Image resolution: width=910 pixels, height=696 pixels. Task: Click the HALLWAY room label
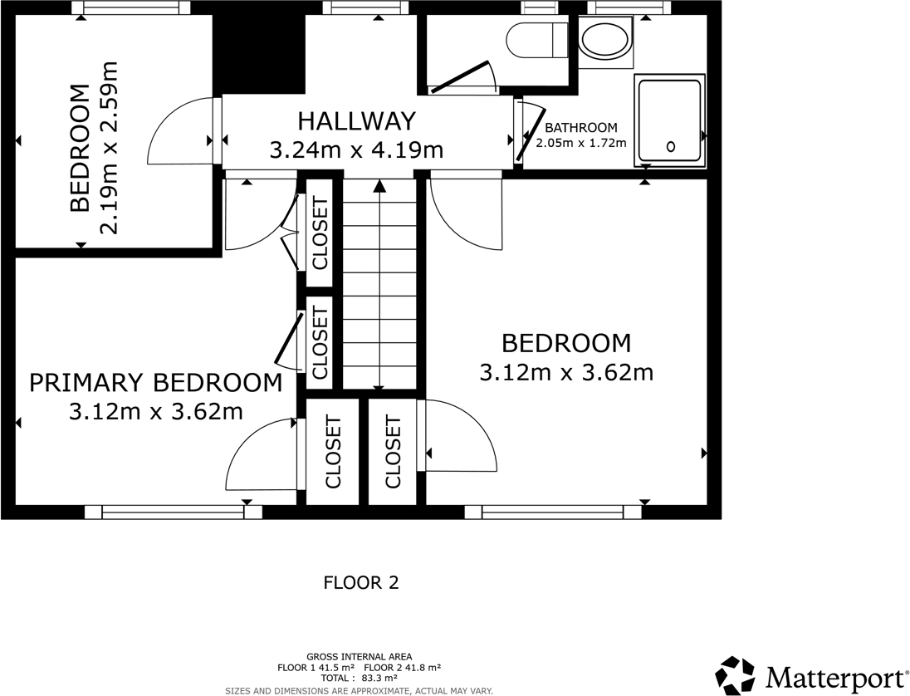point(356,121)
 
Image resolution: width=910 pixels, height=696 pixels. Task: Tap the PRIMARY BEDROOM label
point(155,383)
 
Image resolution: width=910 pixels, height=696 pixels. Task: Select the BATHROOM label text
point(581,128)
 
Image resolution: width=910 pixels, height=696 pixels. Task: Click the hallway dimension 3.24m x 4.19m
point(356,150)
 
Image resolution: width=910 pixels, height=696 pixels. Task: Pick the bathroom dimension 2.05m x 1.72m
point(581,143)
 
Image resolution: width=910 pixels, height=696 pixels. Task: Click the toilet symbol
point(536,39)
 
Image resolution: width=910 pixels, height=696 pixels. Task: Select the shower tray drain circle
point(670,147)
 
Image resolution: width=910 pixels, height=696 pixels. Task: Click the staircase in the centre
point(379,282)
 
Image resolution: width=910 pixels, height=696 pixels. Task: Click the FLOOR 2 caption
point(361,583)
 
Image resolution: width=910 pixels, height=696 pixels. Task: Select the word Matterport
point(834,676)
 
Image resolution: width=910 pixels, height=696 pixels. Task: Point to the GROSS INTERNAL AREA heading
point(359,657)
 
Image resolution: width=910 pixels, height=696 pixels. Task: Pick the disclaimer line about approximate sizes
point(359,690)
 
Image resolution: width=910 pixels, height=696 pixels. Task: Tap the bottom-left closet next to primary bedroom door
point(333,452)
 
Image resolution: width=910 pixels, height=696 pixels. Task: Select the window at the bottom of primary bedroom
point(173,512)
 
